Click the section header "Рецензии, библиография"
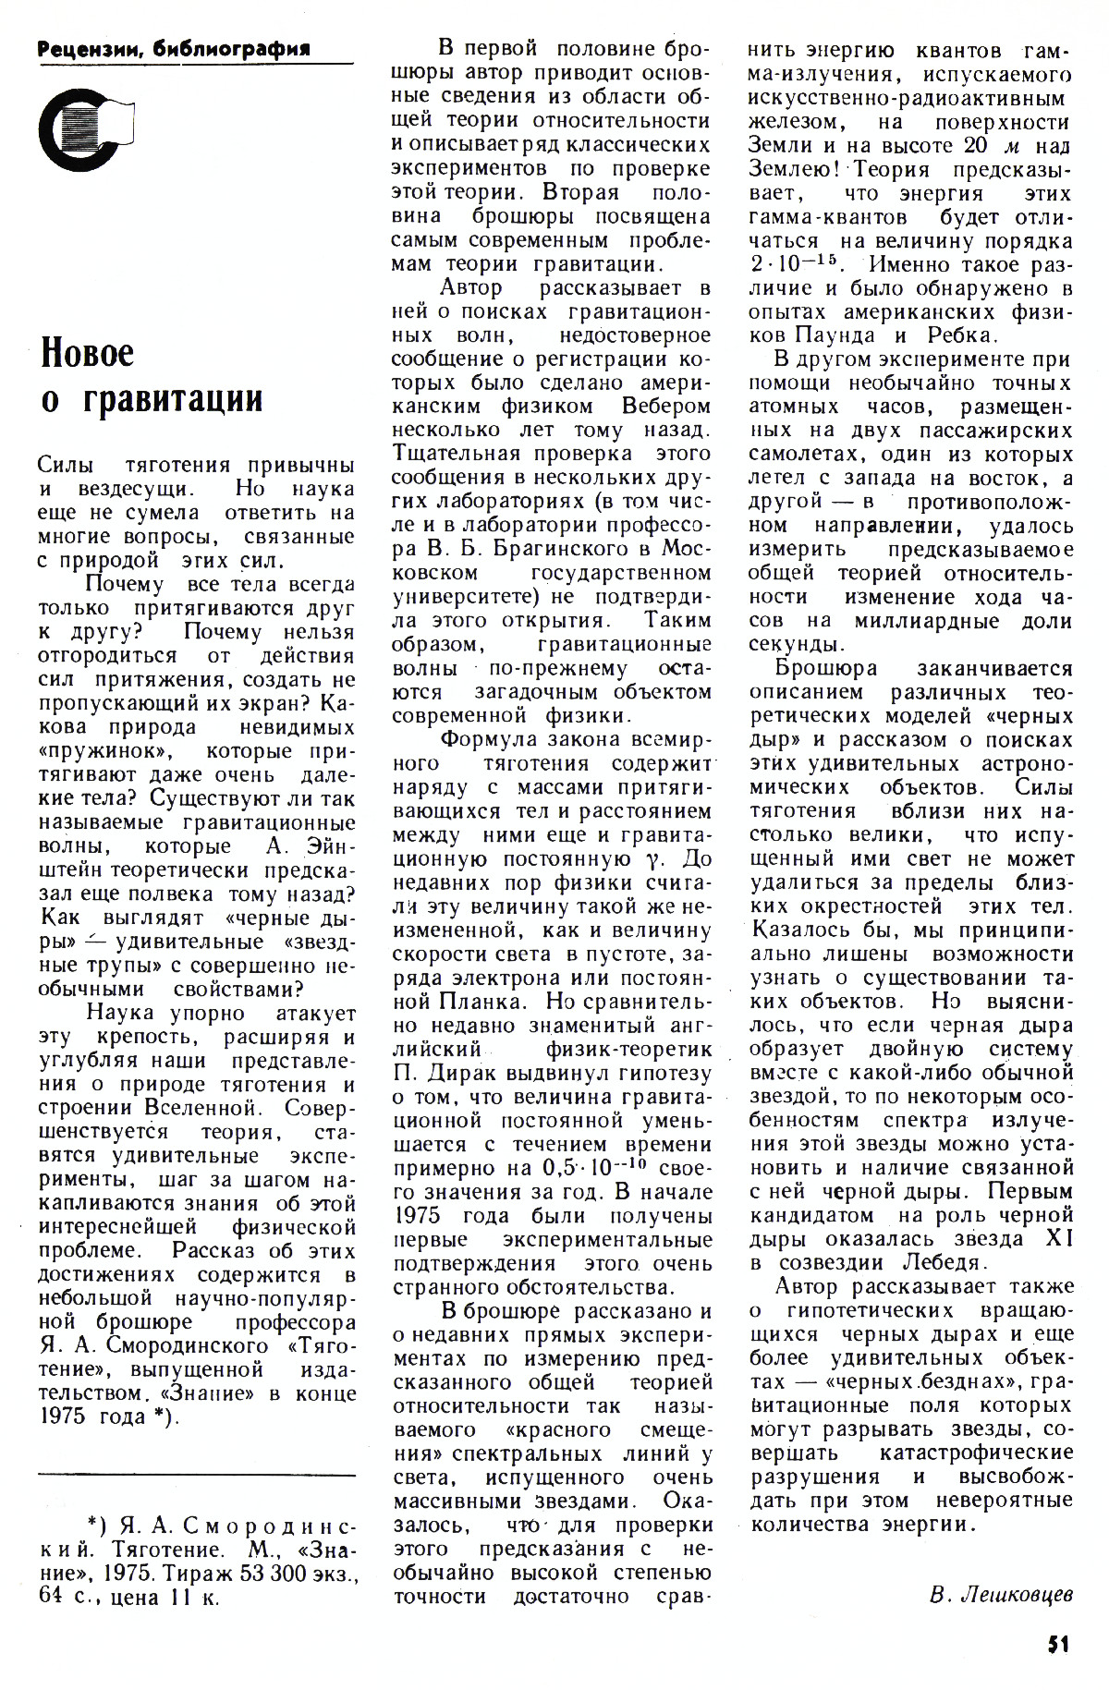point(174,48)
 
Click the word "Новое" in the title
point(89,352)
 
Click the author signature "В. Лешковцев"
point(1001,1594)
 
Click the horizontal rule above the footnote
point(197,1476)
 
